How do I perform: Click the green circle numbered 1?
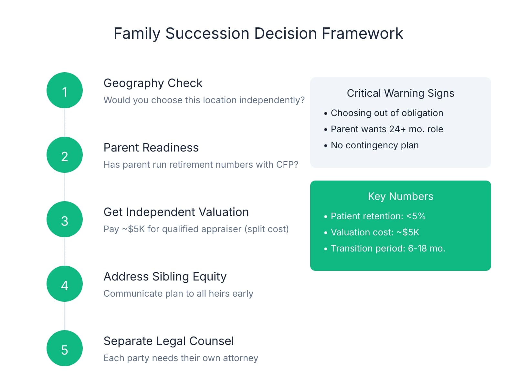[x=65, y=90]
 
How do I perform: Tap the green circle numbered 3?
[x=65, y=219]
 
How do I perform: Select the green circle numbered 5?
[x=65, y=348]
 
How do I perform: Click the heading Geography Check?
[x=153, y=83]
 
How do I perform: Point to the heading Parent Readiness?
[x=151, y=148]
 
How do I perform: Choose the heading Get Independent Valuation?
[x=176, y=212]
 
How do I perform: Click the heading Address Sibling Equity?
[x=165, y=277]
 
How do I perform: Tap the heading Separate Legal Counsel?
[x=168, y=341]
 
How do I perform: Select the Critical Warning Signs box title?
[x=400, y=93]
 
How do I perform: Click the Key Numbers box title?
[x=400, y=196]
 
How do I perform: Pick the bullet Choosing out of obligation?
[x=387, y=113]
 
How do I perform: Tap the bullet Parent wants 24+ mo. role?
[x=387, y=129]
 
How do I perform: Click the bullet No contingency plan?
[x=375, y=145]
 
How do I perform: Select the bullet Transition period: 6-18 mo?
[x=388, y=249]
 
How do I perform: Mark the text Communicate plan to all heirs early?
[x=178, y=294]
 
